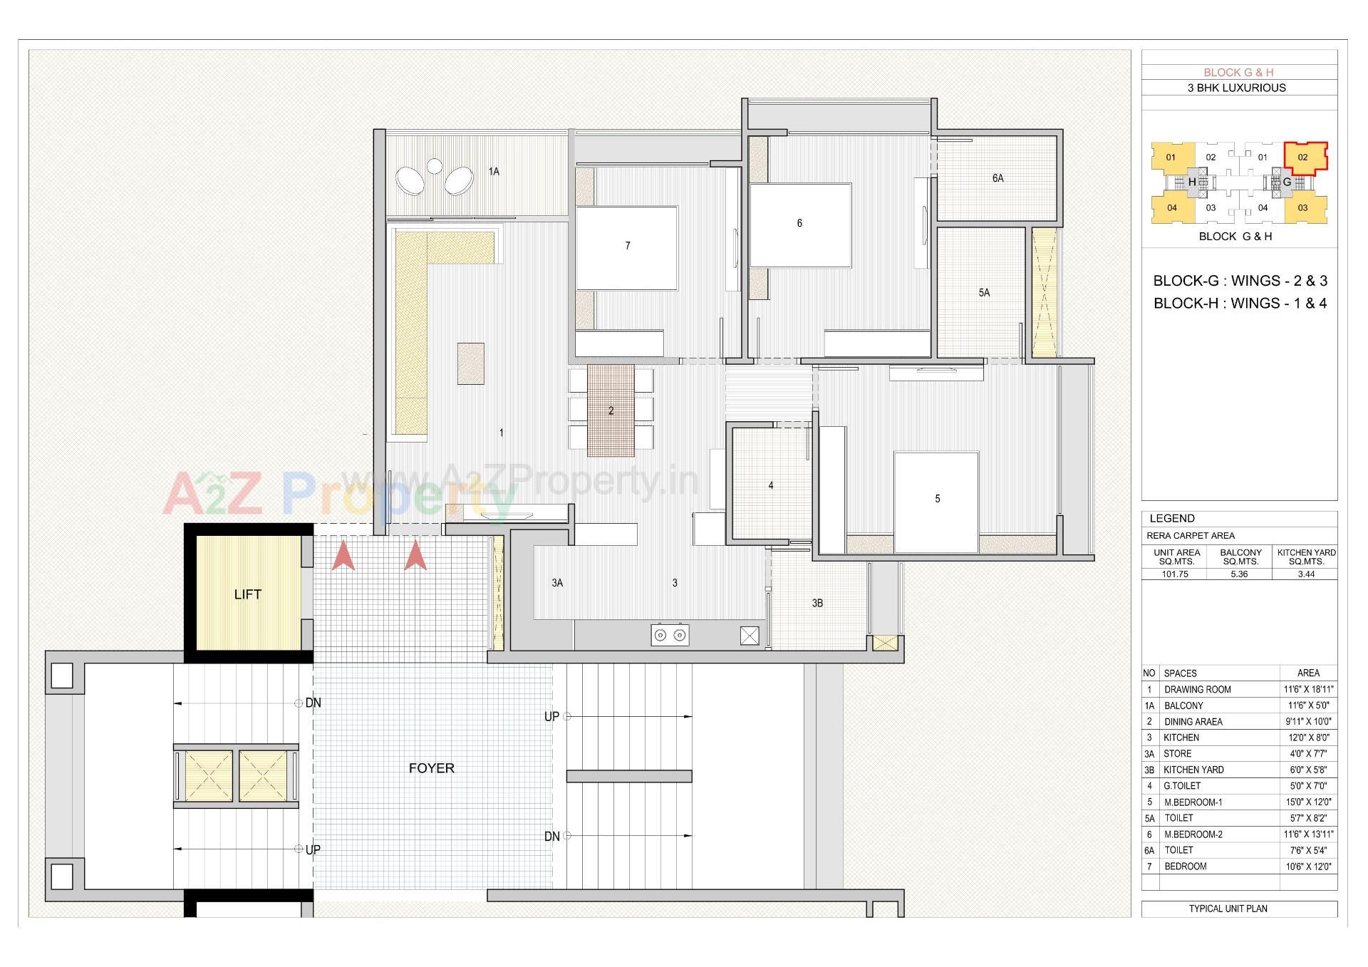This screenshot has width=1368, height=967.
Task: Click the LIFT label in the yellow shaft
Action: coord(247,594)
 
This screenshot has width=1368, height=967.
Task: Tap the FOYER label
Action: coord(431,768)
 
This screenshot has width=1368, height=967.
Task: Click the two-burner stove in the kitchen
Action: coord(670,635)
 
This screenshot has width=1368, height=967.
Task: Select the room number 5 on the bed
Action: coord(937,499)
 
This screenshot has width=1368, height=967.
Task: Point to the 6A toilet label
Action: coord(997,178)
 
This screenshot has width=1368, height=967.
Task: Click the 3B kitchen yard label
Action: coord(817,603)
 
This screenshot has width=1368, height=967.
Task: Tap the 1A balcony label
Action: coord(494,172)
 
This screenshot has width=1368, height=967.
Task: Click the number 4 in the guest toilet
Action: coord(770,485)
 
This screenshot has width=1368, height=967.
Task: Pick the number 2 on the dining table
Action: coord(611,411)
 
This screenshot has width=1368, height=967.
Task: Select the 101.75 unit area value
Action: coord(1174,574)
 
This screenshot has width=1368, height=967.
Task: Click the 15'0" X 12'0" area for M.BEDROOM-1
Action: coord(1308,802)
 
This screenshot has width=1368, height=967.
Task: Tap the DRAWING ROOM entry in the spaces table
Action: coord(1197,690)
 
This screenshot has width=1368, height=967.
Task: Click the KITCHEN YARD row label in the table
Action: coord(1193,770)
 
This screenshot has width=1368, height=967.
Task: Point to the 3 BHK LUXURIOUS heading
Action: coord(1236,88)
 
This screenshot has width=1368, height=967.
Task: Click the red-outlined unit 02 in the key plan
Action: coord(1302,157)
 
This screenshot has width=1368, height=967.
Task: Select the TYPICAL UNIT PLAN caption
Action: coord(1228,909)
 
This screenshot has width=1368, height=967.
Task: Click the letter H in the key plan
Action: coord(1191,182)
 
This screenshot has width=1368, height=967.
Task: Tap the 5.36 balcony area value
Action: coord(1239,574)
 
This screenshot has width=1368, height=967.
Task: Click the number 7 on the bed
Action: coord(627,246)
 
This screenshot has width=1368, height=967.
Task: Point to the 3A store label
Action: coord(557,583)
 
